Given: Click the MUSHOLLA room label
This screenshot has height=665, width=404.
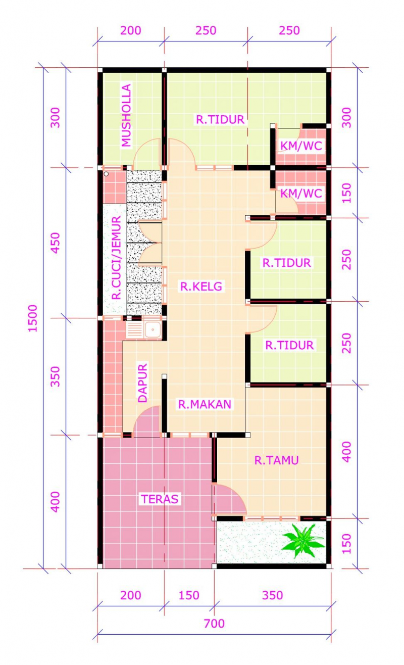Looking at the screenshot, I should [x=126, y=116].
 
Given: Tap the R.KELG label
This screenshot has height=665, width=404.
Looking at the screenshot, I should [x=201, y=287].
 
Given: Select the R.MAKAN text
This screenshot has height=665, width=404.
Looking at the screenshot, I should [x=204, y=404].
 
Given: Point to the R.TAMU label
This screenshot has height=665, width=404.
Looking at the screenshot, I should [x=276, y=460].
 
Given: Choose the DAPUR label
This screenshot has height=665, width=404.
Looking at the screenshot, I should [x=143, y=383].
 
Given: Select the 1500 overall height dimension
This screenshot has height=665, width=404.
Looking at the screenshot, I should [x=33, y=318].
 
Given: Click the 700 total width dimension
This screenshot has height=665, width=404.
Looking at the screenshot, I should [x=214, y=624].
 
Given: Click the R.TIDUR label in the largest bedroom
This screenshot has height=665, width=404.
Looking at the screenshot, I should [x=220, y=120].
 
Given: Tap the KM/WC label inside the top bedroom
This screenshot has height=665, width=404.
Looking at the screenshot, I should [x=301, y=146].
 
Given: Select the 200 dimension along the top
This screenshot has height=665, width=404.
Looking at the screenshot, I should [x=131, y=30].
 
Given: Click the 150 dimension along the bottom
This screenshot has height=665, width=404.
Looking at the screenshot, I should [x=189, y=595].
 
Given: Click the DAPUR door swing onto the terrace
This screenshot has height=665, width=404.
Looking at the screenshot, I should [x=147, y=422].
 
